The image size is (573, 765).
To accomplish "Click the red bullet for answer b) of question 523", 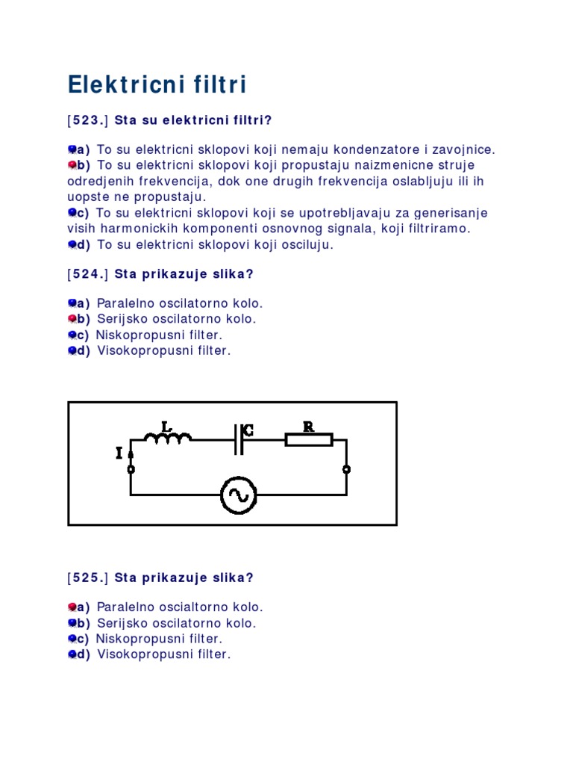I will (72, 164).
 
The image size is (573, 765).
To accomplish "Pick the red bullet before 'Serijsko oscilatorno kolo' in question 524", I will (72, 319).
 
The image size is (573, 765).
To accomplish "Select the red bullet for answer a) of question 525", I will (72, 607).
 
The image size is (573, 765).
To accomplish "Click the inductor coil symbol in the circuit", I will (168, 437).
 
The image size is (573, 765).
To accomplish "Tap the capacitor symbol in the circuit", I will (238, 439).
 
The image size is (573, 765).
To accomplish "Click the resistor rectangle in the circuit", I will (309, 440).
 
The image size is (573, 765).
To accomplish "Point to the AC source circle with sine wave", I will (239, 495).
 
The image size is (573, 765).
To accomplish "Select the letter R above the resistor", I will (307, 426).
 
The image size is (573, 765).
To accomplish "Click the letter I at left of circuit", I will (119, 453).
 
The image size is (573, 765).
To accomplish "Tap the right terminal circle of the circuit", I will (346, 469).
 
